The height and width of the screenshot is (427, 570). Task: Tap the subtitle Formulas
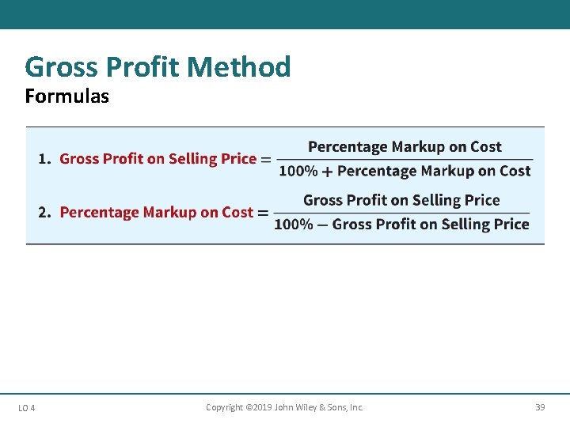66,96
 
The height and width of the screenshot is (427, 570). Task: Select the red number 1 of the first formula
43,159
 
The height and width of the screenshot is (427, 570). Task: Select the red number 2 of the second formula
43,213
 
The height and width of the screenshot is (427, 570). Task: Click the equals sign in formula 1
265,159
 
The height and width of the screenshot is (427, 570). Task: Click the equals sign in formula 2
262,213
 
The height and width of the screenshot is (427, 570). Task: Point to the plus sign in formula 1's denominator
327,172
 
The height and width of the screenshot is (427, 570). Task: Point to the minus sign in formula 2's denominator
322,225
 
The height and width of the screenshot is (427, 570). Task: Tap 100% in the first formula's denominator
298,172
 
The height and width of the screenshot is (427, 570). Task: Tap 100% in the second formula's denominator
294,225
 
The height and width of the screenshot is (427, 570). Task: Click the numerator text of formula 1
405,147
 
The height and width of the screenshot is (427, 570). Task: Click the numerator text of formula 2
401,200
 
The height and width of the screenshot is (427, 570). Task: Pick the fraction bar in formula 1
405,159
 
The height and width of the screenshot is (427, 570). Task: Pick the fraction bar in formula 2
401,213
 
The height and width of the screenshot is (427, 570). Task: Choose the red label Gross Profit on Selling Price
158,159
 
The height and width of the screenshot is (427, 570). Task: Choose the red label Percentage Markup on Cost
156,213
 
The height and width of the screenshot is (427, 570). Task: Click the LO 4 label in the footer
26,408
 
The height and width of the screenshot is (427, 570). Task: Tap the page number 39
540,407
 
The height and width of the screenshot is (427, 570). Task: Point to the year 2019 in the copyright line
256,407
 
